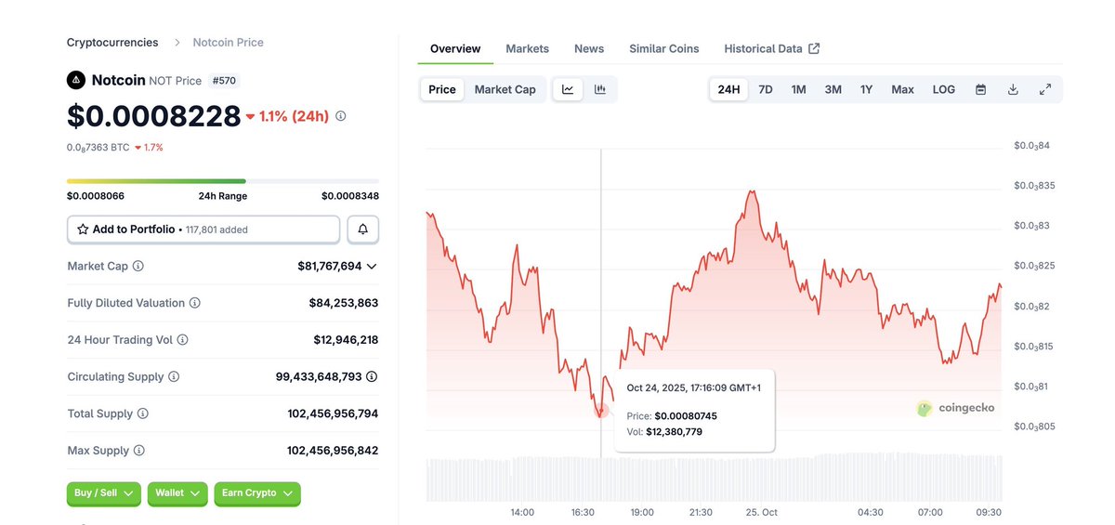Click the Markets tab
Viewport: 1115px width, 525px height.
(527, 48)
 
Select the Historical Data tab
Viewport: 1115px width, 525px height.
(771, 48)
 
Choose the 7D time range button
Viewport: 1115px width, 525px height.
(766, 89)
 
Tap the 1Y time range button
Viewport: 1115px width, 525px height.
(866, 89)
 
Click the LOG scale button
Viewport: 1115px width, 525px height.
(943, 89)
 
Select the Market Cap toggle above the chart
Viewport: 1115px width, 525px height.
(505, 89)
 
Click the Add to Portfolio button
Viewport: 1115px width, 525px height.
(203, 230)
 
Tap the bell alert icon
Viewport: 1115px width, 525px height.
(362, 230)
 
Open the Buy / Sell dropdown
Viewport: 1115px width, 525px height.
(103, 493)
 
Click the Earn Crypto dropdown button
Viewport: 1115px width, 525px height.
(256, 493)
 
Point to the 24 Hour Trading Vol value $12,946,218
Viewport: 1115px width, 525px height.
(346, 340)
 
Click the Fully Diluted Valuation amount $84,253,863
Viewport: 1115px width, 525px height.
(343, 303)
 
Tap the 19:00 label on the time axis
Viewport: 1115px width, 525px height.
(642, 512)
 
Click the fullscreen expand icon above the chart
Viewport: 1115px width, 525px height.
(1044, 89)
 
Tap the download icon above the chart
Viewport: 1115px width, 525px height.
(1013, 89)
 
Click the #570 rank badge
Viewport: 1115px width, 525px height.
(223, 81)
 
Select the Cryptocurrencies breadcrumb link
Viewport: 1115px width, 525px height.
(112, 43)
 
